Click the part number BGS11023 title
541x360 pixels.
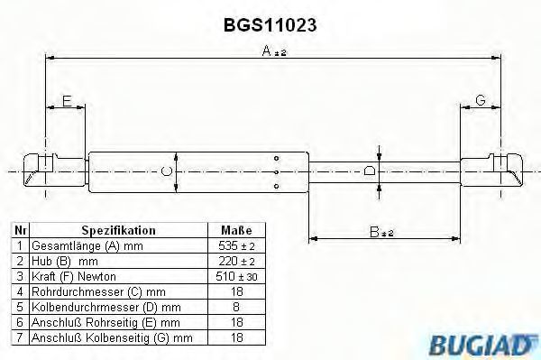270,25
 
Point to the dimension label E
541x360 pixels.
67,101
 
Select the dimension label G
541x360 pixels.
481,100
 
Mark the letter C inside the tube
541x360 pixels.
167,171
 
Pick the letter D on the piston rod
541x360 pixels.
370,171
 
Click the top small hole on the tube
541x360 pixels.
277,159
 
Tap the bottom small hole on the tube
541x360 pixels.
277,187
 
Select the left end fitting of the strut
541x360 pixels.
54,171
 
